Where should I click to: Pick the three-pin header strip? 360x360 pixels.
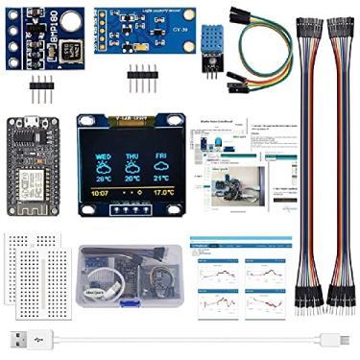click(x=43, y=90)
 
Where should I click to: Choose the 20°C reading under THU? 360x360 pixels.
click(x=132, y=178)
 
